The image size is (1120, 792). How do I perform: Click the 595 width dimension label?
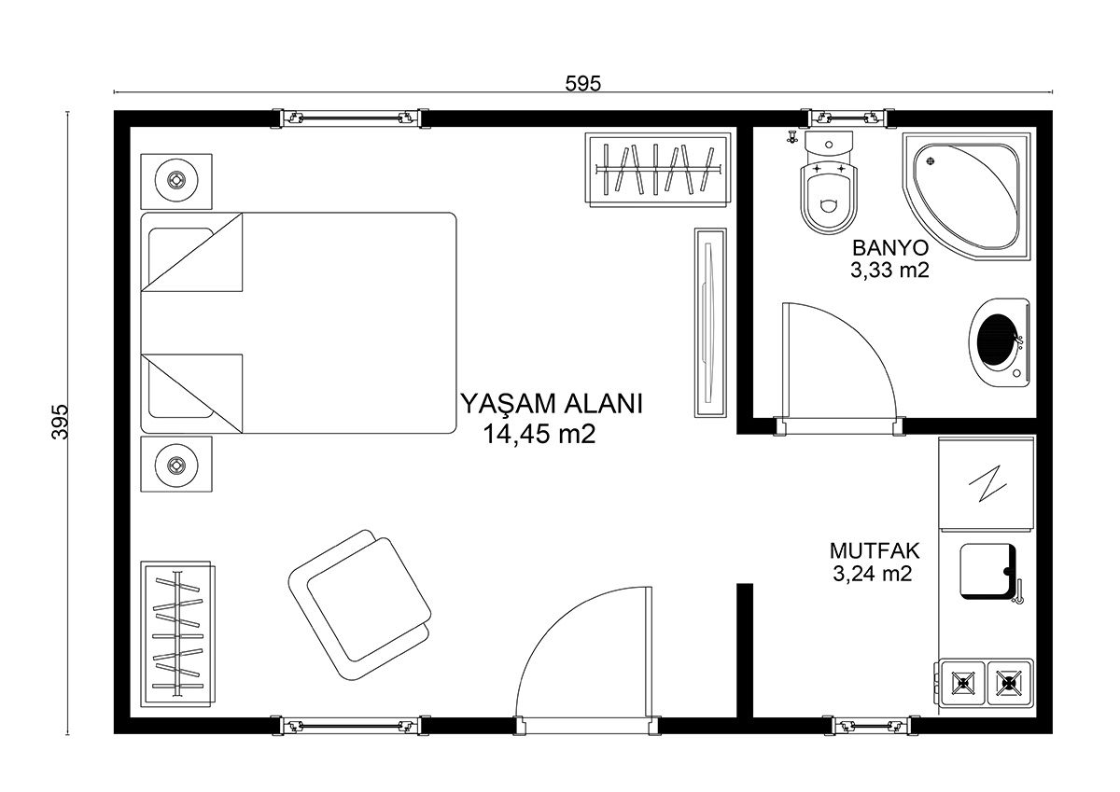tap(583, 83)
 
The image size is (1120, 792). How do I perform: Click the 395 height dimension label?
tap(60, 422)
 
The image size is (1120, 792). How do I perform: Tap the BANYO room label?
tap(890, 248)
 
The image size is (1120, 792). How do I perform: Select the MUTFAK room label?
tap(875, 550)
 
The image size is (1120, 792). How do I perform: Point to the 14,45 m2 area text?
tap(539, 434)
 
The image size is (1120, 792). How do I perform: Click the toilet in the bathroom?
tap(829, 184)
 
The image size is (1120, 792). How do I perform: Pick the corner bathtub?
tap(966, 196)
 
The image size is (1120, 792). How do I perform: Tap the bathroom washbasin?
tap(999, 342)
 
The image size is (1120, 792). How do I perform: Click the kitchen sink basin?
tap(988, 571)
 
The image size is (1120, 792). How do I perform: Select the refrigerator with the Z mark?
tap(987, 483)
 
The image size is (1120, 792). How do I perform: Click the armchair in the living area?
tap(359, 605)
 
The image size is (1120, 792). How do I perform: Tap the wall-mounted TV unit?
tap(710, 323)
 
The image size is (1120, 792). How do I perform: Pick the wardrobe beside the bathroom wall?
tap(658, 170)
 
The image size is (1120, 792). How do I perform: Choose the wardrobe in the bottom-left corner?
tap(177, 633)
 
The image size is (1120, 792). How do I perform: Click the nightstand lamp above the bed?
tap(176, 180)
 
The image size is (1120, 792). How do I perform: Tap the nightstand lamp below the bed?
tap(176, 465)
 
